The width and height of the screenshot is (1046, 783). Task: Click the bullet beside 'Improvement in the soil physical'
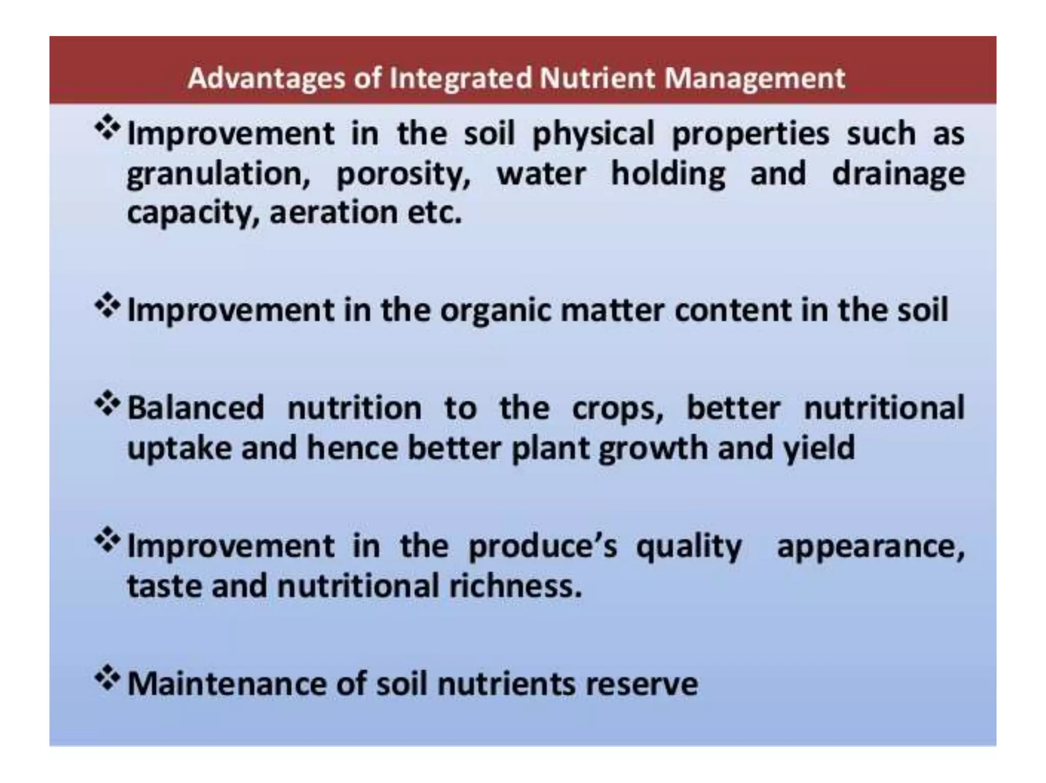(108, 128)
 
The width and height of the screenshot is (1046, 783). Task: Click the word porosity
(403, 175)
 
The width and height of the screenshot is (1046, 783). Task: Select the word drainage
(898, 175)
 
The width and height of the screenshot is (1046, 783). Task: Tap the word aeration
(334, 213)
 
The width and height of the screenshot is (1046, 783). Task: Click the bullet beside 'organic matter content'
(108, 306)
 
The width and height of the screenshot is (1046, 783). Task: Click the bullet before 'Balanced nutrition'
(108, 404)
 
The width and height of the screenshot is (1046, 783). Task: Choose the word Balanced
(196, 408)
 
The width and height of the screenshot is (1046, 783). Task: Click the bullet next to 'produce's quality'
(108, 542)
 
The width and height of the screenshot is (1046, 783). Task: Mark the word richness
(515, 586)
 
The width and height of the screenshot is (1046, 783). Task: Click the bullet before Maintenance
(108, 679)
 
